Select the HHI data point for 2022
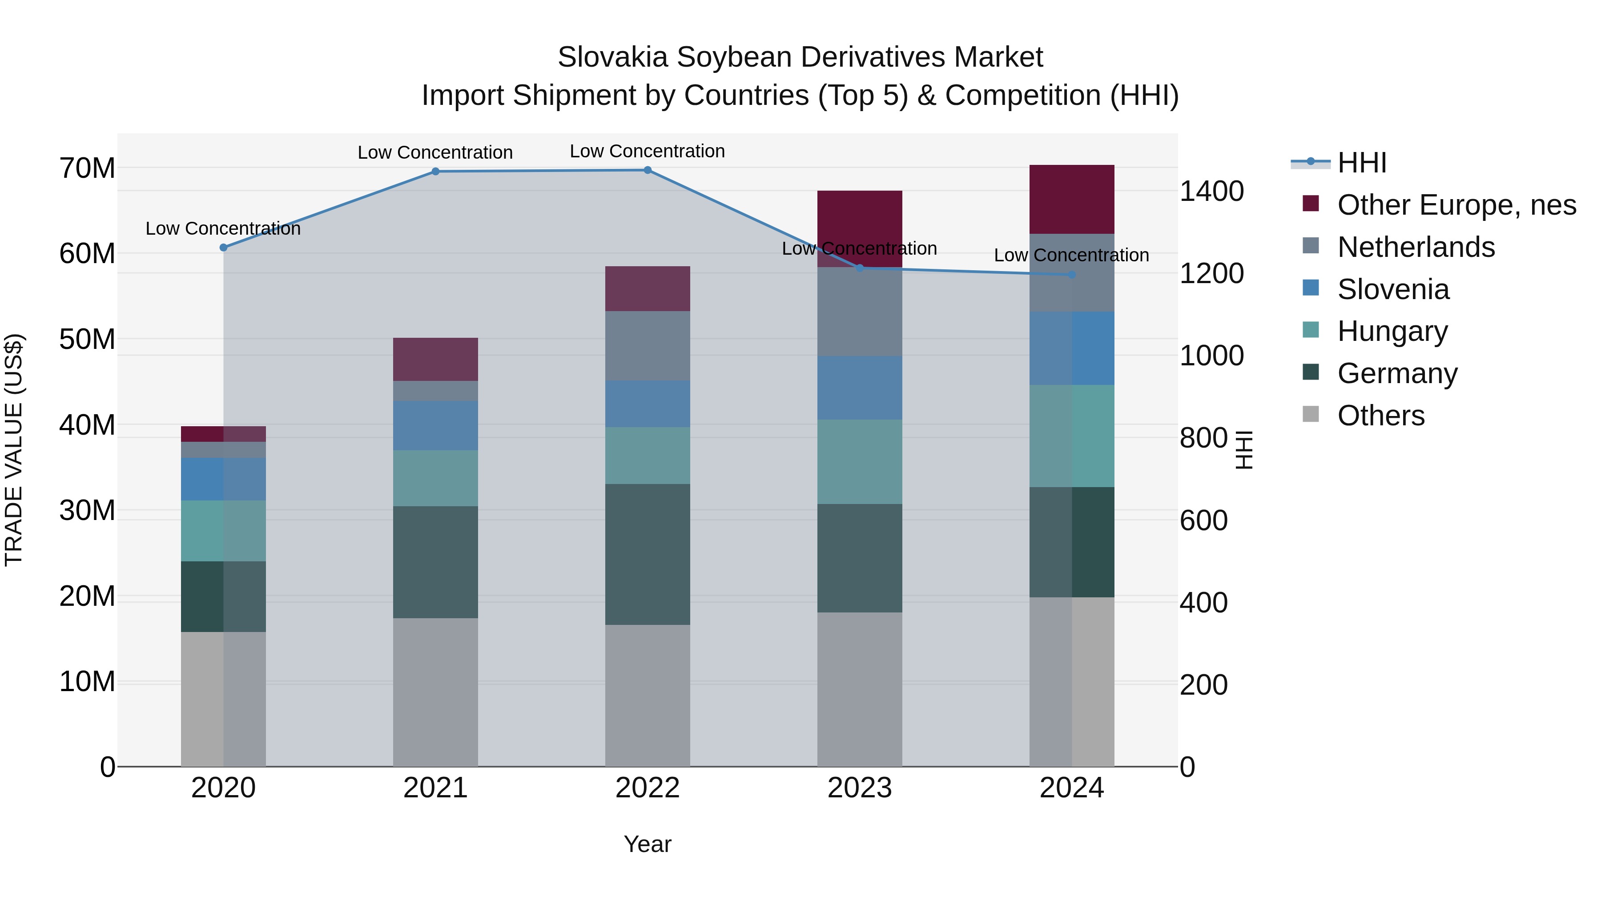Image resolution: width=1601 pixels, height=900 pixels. pyautogui.click(x=648, y=170)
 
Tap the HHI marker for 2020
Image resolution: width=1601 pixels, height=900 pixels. pyautogui.click(x=224, y=247)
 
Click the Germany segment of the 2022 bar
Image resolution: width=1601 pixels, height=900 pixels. pyautogui.click(x=648, y=554)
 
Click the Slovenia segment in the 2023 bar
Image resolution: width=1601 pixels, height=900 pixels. pyautogui.click(x=860, y=388)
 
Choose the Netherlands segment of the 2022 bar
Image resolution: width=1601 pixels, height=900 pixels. pyautogui.click(x=648, y=345)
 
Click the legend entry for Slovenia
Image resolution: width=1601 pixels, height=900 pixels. pyautogui.click(x=1393, y=289)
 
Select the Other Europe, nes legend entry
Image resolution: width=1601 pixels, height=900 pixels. pyautogui.click(x=1456, y=205)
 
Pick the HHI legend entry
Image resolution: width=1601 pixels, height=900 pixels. pyautogui.click(x=1361, y=163)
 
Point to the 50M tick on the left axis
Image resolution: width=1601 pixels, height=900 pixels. pyautogui.click(x=87, y=340)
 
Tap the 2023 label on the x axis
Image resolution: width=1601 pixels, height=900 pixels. pyautogui.click(x=860, y=788)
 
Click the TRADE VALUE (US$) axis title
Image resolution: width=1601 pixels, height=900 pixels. pyautogui.click(x=14, y=450)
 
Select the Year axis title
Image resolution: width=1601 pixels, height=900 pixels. pyautogui.click(x=648, y=844)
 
